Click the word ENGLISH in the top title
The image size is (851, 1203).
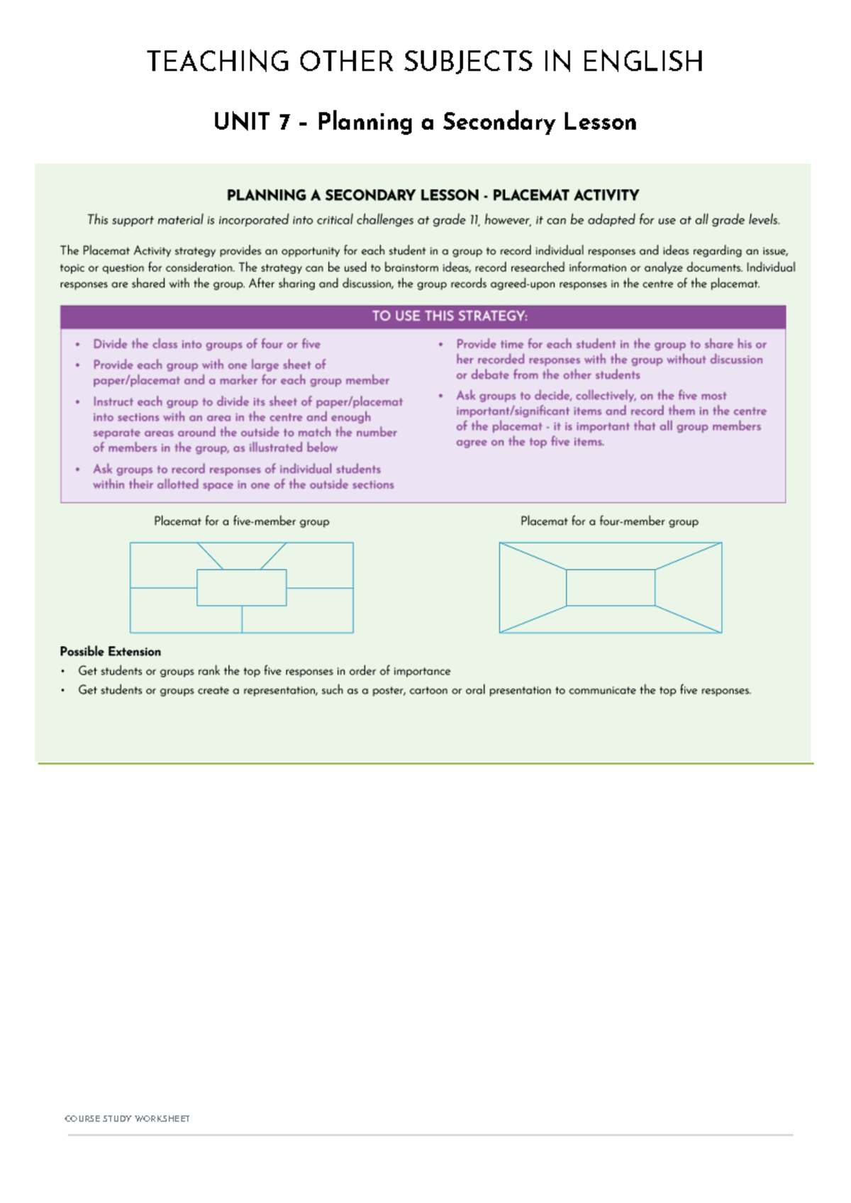[x=643, y=62]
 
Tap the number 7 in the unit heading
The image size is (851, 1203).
[x=284, y=122]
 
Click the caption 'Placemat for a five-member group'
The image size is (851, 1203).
[x=241, y=521]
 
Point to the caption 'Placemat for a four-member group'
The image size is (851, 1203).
[x=609, y=521]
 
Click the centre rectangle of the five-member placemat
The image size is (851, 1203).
[x=241, y=587]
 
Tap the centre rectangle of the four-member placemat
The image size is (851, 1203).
[x=611, y=587]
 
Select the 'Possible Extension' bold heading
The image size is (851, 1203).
[x=110, y=651]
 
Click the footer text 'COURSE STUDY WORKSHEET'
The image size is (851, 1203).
[x=127, y=1119]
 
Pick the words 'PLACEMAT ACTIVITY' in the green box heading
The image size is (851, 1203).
[x=565, y=195]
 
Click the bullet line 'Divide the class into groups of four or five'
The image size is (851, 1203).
[x=206, y=344]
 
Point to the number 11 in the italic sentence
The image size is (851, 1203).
[x=473, y=220]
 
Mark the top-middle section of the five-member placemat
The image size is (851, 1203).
[x=241, y=554]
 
